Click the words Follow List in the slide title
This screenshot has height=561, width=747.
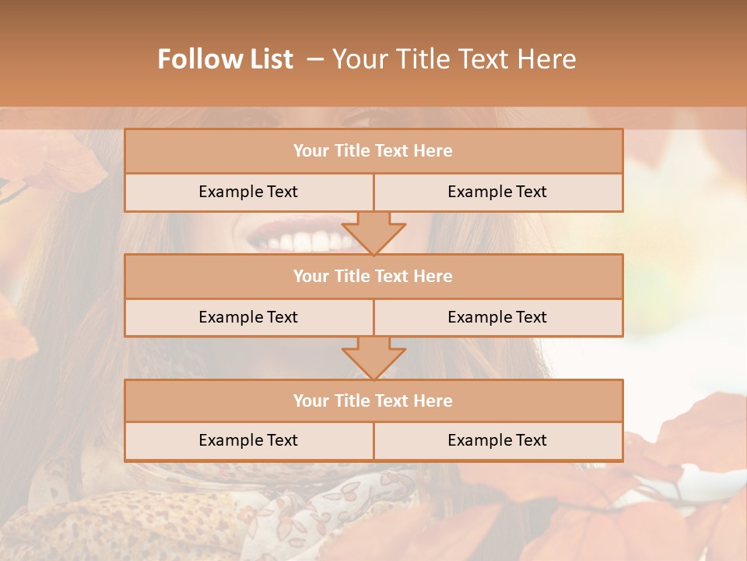point(226,59)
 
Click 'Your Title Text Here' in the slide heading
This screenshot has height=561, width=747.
point(454,59)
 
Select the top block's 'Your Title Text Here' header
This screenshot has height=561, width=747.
point(373,151)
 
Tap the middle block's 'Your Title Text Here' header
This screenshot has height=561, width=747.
point(373,276)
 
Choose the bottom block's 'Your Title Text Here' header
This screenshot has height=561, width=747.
point(373,400)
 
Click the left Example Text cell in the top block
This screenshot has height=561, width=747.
point(248,192)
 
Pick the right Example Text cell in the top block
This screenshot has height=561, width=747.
point(497,192)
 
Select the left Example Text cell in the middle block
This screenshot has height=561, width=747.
point(248,317)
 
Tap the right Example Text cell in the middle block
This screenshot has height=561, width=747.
point(497,317)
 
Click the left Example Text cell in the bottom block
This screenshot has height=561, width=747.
point(248,440)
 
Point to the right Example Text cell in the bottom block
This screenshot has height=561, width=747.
point(497,440)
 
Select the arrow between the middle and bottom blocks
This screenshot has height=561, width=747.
point(373,358)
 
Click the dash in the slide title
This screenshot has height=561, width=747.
point(315,59)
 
